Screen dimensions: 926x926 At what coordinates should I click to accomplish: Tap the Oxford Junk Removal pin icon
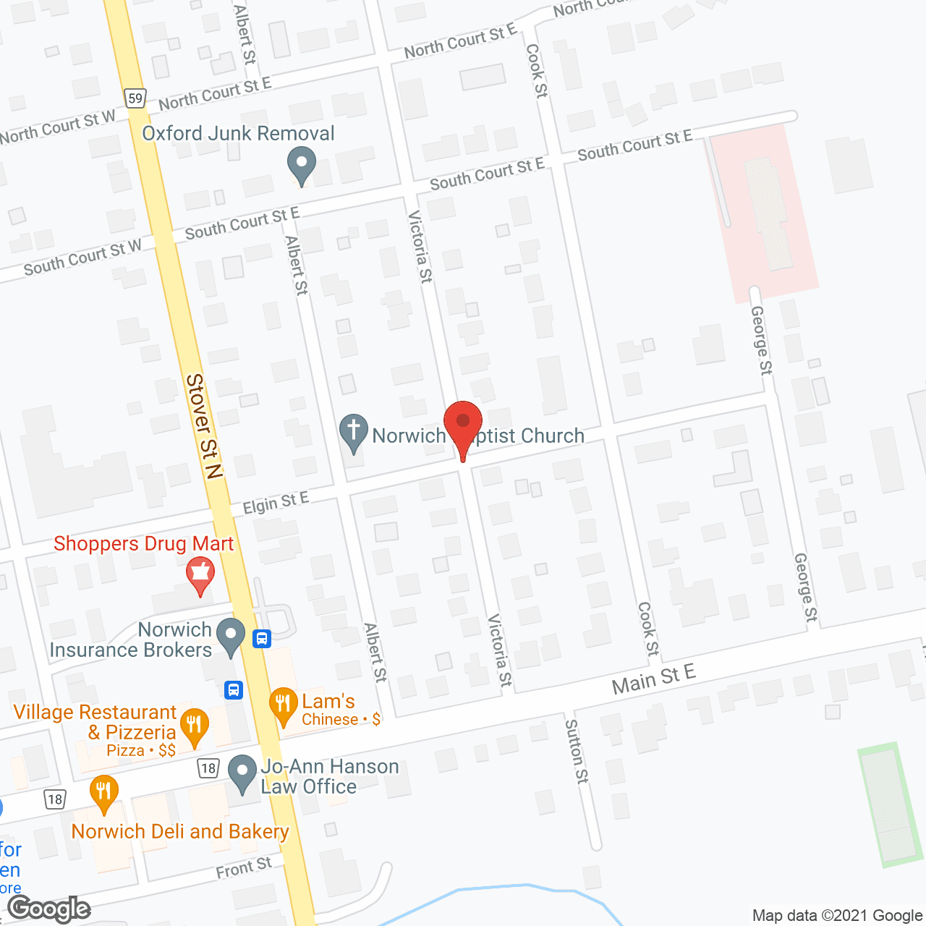pyautogui.click(x=302, y=164)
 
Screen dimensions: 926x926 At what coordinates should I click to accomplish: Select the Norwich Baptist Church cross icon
pyautogui.click(x=354, y=432)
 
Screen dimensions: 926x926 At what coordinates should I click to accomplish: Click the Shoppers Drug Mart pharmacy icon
pyautogui.click(x=200, y=574)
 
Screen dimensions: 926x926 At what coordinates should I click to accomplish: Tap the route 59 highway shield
pyautogui.click(x=135, y=98)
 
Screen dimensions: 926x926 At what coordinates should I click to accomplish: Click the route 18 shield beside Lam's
pyautogui.click(x=209, y=768)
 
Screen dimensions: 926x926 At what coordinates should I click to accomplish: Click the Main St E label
pyautogui.click(x=653, y=679)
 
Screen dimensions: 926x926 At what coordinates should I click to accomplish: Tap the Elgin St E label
pyautogui.click(x=276, y=502)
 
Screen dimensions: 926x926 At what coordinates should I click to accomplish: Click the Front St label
pyautogui.click(x=244, y=867)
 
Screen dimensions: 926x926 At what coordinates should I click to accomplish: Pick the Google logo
pyautogui.click(x=49, y=909)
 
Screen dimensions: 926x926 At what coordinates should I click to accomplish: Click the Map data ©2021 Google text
pyautogui.click(x=837, y=915)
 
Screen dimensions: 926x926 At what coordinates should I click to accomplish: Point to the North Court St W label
pyautogui.click(x=58, y=127)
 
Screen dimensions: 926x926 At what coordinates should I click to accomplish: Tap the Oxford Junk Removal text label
pyautogui.click(x=238, y=133)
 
